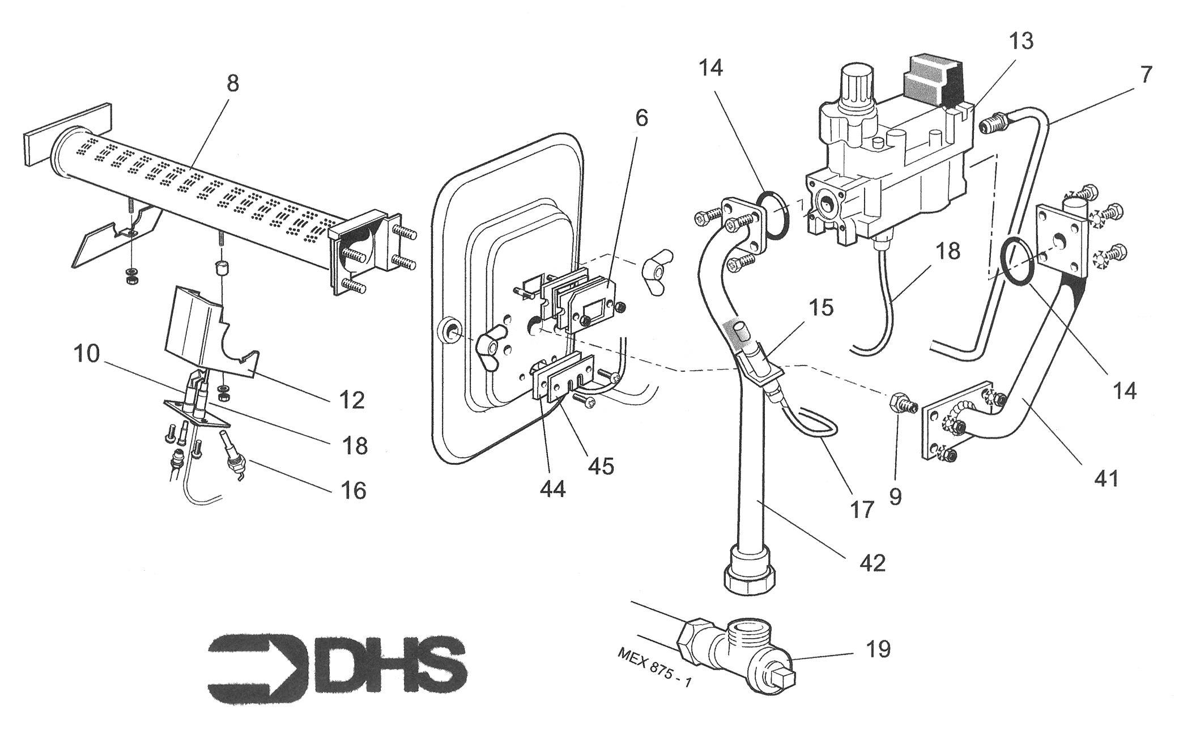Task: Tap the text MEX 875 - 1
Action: coord(654,668)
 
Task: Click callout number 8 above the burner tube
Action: coord(232,84)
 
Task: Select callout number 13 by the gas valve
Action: coord(1020,41)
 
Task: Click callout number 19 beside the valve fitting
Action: coord(877,649)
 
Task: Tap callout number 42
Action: coord(872,563)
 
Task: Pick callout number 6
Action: coord(641,118)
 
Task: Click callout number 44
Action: coord(552,488)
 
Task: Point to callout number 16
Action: coord(354,490)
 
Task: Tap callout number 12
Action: coord(351,400)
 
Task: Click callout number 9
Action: coord(895,496)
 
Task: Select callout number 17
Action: coord(861,509)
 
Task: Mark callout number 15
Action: coord(821,308)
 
